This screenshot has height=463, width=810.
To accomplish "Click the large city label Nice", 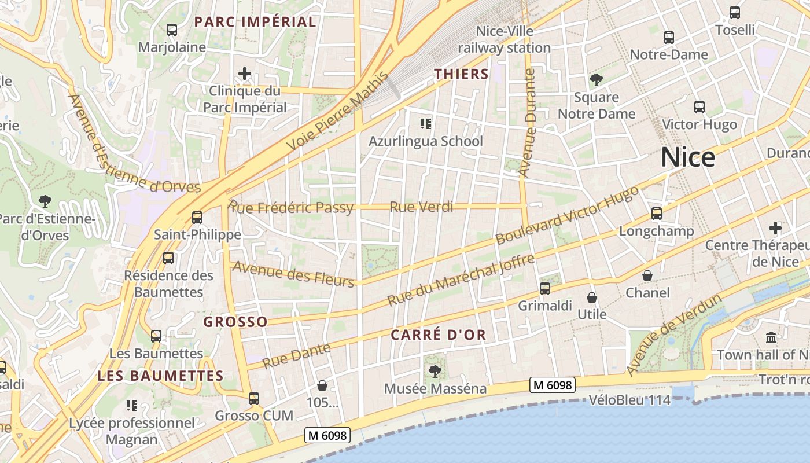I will click(688, 157).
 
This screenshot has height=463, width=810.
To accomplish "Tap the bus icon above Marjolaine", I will click(171, 30).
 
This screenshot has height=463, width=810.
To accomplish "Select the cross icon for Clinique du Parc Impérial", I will click(245, 74).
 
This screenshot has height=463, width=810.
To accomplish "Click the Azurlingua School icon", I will click(426, 123).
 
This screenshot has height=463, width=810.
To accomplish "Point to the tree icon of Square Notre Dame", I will click(596, 80).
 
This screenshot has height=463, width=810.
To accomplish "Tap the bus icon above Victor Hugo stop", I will click(699, 107).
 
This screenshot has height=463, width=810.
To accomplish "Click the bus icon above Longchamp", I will click(656, 214).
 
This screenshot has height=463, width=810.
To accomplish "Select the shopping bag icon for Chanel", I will click(647, 275).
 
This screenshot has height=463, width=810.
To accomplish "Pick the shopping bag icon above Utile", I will click(592, 297).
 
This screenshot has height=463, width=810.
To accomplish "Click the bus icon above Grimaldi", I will click(544, 288).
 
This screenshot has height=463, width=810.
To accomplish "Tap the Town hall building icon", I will click(771, 337).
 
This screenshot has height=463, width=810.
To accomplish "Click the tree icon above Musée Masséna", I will click(435, 371).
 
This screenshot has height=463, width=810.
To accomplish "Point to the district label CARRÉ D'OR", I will click(438, 335).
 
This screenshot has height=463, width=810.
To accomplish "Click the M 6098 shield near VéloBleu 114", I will click(552, 385).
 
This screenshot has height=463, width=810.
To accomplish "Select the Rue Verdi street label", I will click(421, 207).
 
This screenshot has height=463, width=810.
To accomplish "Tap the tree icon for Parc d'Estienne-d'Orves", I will click(45, 201).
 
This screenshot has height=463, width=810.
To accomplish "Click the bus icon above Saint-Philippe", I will click(197, 218).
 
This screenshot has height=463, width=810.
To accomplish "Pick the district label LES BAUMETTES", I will click(160, 376).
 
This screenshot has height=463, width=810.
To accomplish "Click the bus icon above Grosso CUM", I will click(253, 398).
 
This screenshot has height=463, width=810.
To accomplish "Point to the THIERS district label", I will click(461, 74).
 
